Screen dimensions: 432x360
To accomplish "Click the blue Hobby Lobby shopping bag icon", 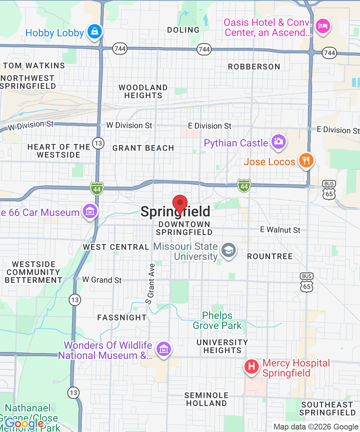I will [94, 32].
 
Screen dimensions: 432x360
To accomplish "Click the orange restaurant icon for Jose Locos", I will [306, 160].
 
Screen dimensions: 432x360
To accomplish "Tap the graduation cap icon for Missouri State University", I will [228, 250].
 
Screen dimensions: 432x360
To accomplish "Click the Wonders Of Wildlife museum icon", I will [164, 348].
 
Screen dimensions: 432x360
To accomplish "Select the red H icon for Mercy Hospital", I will [252, 367].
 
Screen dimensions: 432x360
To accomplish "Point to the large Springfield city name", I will [175, 212].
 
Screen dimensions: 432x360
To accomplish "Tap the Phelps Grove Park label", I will [217, 321].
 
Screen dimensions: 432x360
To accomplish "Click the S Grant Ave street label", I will [150, 283].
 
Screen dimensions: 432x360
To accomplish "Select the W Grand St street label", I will [102, 280].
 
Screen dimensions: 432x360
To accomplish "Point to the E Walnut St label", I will [280, 230].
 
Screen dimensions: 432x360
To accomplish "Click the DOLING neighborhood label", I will [183, 30].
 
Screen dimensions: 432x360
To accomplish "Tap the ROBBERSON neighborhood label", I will [254, 67].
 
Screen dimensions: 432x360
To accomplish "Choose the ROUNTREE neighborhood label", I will [270, 256].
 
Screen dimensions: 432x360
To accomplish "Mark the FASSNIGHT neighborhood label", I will [122, 318].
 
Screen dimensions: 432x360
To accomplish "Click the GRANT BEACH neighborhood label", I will [143, 148].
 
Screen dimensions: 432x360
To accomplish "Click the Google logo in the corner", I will [24, 424].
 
